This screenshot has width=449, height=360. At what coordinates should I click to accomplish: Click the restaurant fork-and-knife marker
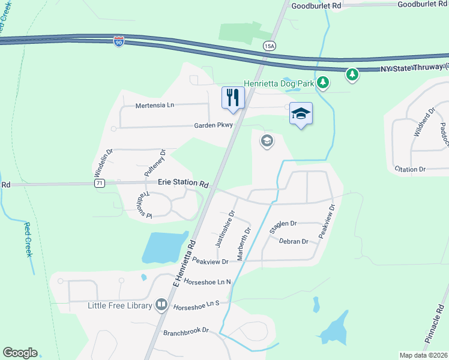pyautogui.click(x=233, y=97)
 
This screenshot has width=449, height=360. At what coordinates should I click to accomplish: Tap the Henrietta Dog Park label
pyautogui.click(x=279, y=83)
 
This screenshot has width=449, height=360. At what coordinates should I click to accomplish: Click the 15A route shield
pyautogui.click(x=269, y=45)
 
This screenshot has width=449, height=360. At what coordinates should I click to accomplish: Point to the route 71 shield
pyautogui.click(x=100, y=183)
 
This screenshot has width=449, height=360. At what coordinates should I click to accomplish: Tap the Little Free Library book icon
pyautogui.click(x=161, y=305)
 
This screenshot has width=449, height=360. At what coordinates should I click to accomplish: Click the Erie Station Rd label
pyautogui.click(x=183, y=183)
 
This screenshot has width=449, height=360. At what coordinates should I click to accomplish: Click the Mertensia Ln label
pyautogui.click(x=154, y=105)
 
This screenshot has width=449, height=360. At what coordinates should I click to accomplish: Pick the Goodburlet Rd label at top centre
pyautogui.click(x=316, y=5)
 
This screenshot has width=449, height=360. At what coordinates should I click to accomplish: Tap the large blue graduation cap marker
pyautogui.click(x=301, y=113)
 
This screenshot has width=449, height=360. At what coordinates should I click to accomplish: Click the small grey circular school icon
pyautogui.click(x=267, y=141)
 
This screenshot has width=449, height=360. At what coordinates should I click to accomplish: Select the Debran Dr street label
pyautogui.click(x=294, y=241)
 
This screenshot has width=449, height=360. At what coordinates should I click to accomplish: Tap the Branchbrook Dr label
pyautogui.click(x=185, y=331)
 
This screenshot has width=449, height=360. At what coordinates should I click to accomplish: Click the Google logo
pyautogui.click(x=20, y=353)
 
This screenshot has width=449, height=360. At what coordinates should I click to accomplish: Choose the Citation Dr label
pyautogui.click(x=410, y=169)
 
